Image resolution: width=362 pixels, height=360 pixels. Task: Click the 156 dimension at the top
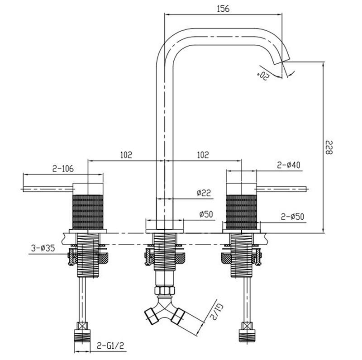(x=223, y=9)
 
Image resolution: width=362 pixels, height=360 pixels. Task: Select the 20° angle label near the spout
(x=263, y=75)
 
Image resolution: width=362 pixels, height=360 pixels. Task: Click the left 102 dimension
(x=126, y=155)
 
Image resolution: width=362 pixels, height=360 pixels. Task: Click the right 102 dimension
(x=203, y=155)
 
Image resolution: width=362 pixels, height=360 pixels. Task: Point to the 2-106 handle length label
(x=63, y=168)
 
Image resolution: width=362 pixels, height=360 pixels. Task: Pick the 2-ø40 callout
(x=289, y=165)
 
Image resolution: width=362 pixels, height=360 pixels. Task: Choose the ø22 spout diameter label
(x=204, y=193)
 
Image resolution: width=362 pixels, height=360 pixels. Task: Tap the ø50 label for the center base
(x=206, y=214)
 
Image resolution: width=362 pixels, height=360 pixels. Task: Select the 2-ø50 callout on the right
(x=292, y=217)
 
